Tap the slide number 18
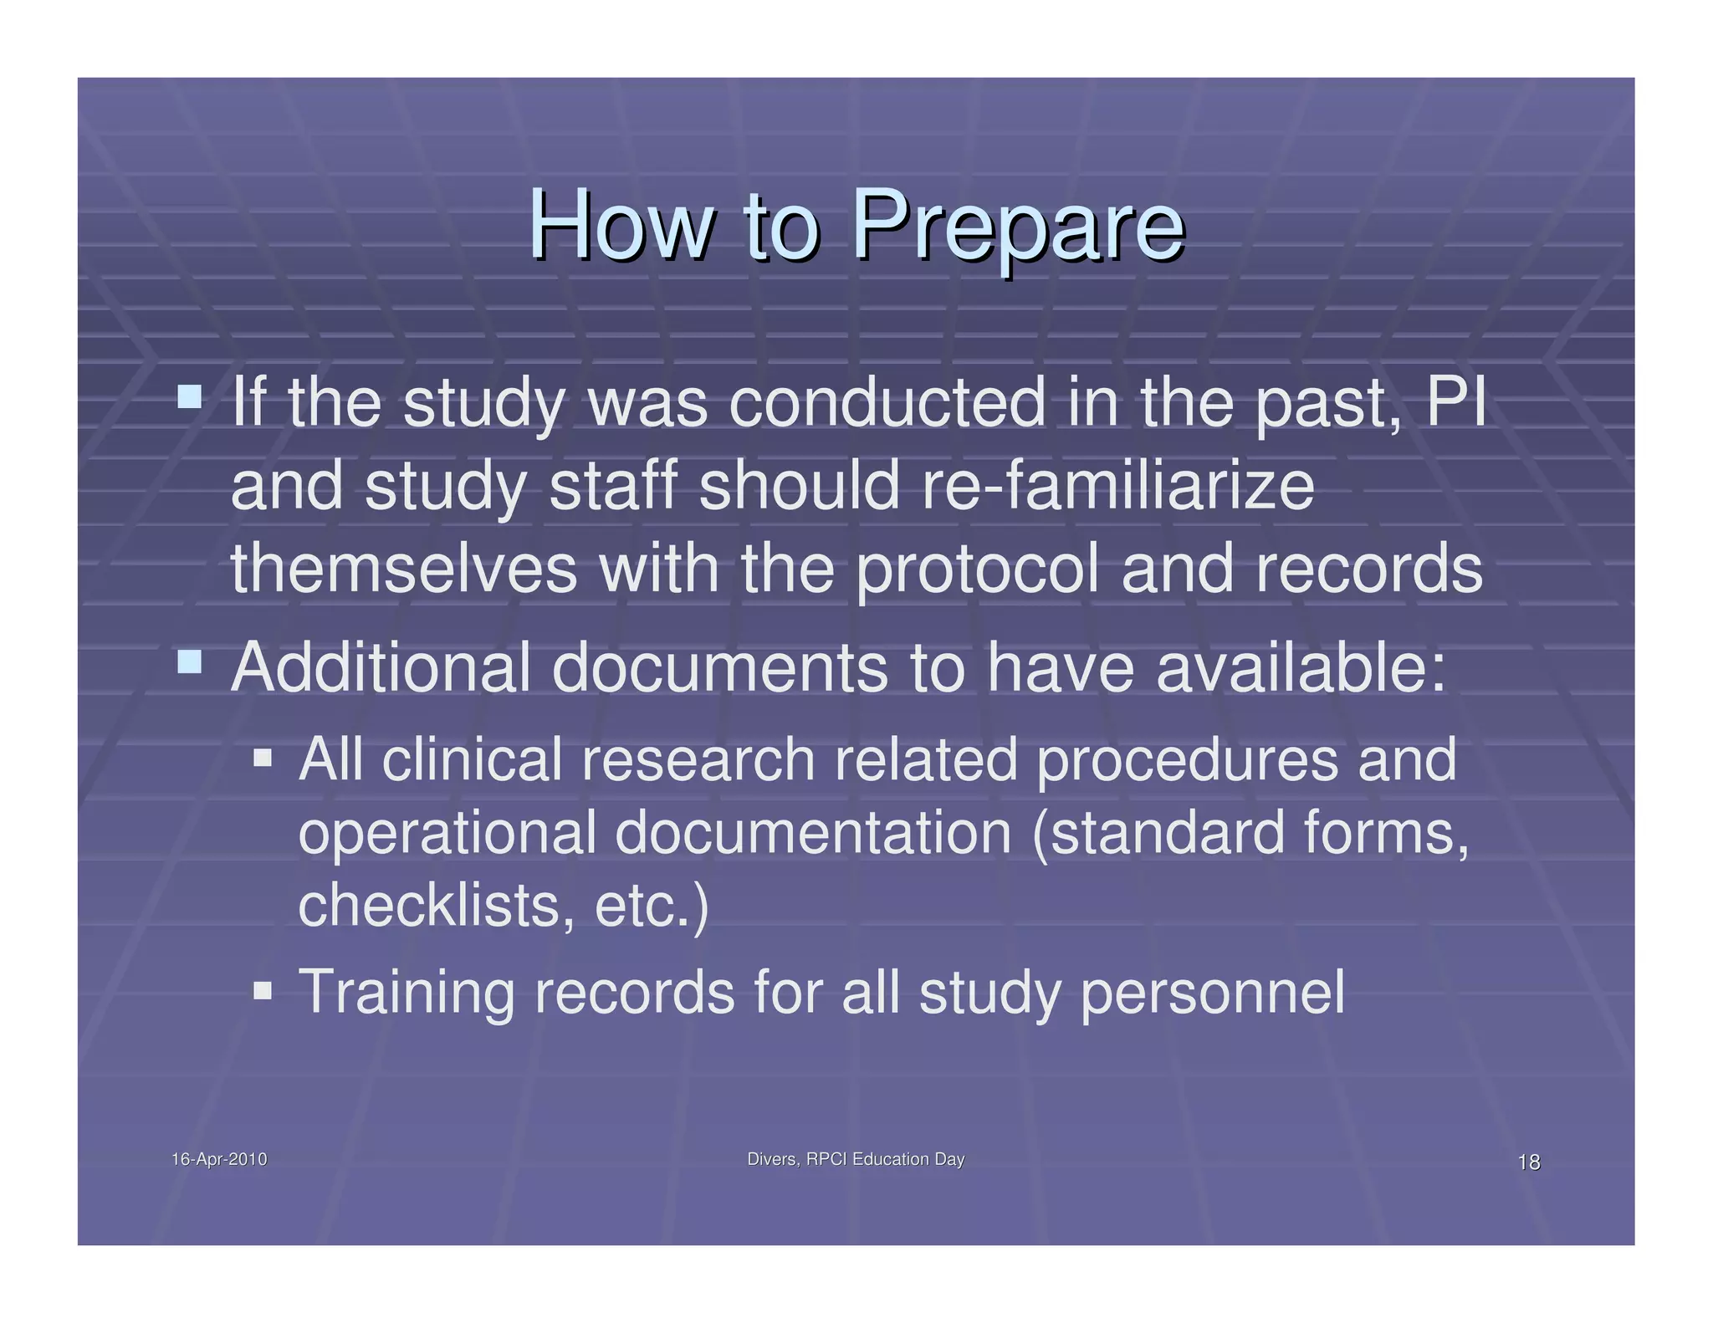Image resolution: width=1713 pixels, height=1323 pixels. coord(1528,1162)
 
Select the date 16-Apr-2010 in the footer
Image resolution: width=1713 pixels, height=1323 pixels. coord(219,1159)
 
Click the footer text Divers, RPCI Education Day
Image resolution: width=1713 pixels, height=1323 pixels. coord(855,1159)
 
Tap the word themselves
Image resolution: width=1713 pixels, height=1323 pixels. coord(404,568)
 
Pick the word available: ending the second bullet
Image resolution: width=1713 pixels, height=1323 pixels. coord(1301,667)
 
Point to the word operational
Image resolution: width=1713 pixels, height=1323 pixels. coord(447,834)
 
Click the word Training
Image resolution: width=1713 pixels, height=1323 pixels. coord(407,993)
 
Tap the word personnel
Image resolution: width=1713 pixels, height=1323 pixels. coord(1213,993)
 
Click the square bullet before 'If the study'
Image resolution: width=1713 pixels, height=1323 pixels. coord(190,396)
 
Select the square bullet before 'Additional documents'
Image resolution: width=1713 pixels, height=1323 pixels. coord(190,662)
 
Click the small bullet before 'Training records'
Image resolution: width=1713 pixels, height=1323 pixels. coord(263,991)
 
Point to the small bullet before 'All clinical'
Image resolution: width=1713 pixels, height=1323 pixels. coord(263,758)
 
